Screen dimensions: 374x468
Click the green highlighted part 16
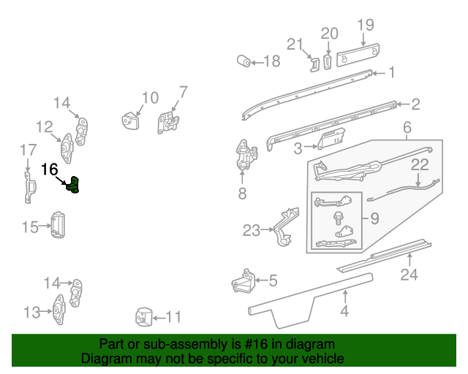75,187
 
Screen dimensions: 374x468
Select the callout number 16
49,169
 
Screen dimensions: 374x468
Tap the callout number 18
271,61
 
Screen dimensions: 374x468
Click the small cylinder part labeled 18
243,61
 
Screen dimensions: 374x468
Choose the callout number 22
419,165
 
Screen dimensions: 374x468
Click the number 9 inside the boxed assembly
374,217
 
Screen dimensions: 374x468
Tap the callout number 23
252,231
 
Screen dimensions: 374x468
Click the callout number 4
344,313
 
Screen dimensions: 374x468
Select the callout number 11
173,318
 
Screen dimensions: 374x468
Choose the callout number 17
28,150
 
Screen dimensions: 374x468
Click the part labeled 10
132,121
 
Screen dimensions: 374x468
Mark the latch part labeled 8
244,157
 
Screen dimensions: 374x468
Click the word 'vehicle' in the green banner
325,359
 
